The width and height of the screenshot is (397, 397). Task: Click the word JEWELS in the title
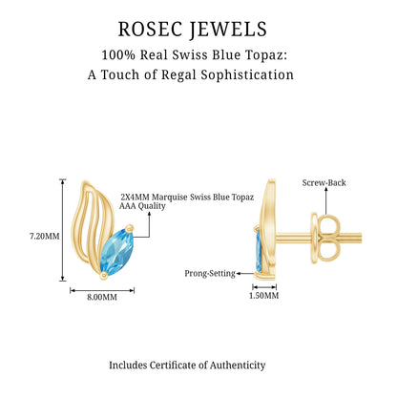[x=228, y=30]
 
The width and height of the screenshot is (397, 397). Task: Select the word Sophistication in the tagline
[x=247, y=75]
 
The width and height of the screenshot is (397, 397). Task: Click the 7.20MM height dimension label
[x=45, y=237]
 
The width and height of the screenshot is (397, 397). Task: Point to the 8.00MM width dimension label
[x=102, y=297]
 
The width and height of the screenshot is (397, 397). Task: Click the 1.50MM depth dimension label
[x=263, y=296]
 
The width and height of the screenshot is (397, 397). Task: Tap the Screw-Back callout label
[x=324, y=183]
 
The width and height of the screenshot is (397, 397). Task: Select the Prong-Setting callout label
[x=210, y=274]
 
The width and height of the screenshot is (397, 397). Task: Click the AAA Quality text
[x=142, y=206]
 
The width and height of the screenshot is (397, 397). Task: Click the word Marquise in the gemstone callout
[x=169, y=198]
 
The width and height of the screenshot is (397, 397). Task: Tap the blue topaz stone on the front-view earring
[x=116, y=251]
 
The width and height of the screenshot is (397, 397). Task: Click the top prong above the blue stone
[x=129, y=228]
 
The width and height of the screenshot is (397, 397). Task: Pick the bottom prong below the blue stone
[x=103, y=276]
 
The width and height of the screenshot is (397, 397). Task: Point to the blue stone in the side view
[x=259, y=251]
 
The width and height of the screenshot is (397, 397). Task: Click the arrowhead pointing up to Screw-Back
[x=326, y=189]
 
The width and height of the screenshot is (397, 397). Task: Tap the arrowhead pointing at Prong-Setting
[x=239, y=273]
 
